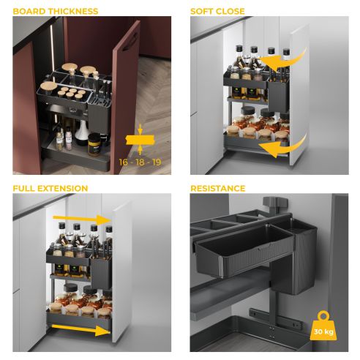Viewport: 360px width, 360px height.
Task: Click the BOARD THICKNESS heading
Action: [x=54, y=12]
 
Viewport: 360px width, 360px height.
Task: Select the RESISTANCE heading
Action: [x=218, y=188]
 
